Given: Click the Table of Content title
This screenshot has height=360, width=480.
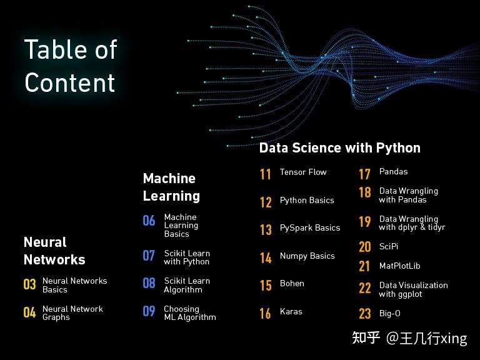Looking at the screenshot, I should (x=71, y=66).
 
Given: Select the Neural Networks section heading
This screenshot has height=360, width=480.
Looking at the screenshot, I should (x=54, y=251).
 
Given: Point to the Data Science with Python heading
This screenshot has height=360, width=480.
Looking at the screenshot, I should (x=339, y=148).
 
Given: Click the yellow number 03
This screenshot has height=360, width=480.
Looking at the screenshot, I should (x=30, y=285).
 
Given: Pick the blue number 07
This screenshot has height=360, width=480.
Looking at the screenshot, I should (x=149, y=256).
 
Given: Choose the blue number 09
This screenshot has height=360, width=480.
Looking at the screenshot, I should (x=149, y=311).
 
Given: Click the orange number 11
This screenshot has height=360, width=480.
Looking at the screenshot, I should (x=266, y=174).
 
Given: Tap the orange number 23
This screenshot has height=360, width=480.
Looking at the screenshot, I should (x=365, y=314).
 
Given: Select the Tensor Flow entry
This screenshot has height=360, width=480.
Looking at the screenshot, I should (x=303, y=172).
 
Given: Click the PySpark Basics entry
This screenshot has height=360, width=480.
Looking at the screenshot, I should (x=310, y=227).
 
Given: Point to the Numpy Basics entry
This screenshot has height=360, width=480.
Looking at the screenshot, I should (x=307, y=256).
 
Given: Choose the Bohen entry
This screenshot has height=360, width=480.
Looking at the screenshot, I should (x=292, y=283).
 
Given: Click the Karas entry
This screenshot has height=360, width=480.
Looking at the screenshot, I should (x=291, y=311).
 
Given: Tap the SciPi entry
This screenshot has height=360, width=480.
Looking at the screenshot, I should (x=389, y=246).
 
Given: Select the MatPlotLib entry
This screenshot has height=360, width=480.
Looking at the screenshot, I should (x=400, y=266).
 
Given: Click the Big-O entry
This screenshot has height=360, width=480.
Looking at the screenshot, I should (x=390, y=313).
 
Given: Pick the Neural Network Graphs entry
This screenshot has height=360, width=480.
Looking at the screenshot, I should (x=72, y=312).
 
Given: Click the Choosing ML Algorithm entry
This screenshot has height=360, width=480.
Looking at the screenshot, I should (x=189, y=312).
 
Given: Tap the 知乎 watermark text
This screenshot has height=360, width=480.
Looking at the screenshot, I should (x=366, y=338).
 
